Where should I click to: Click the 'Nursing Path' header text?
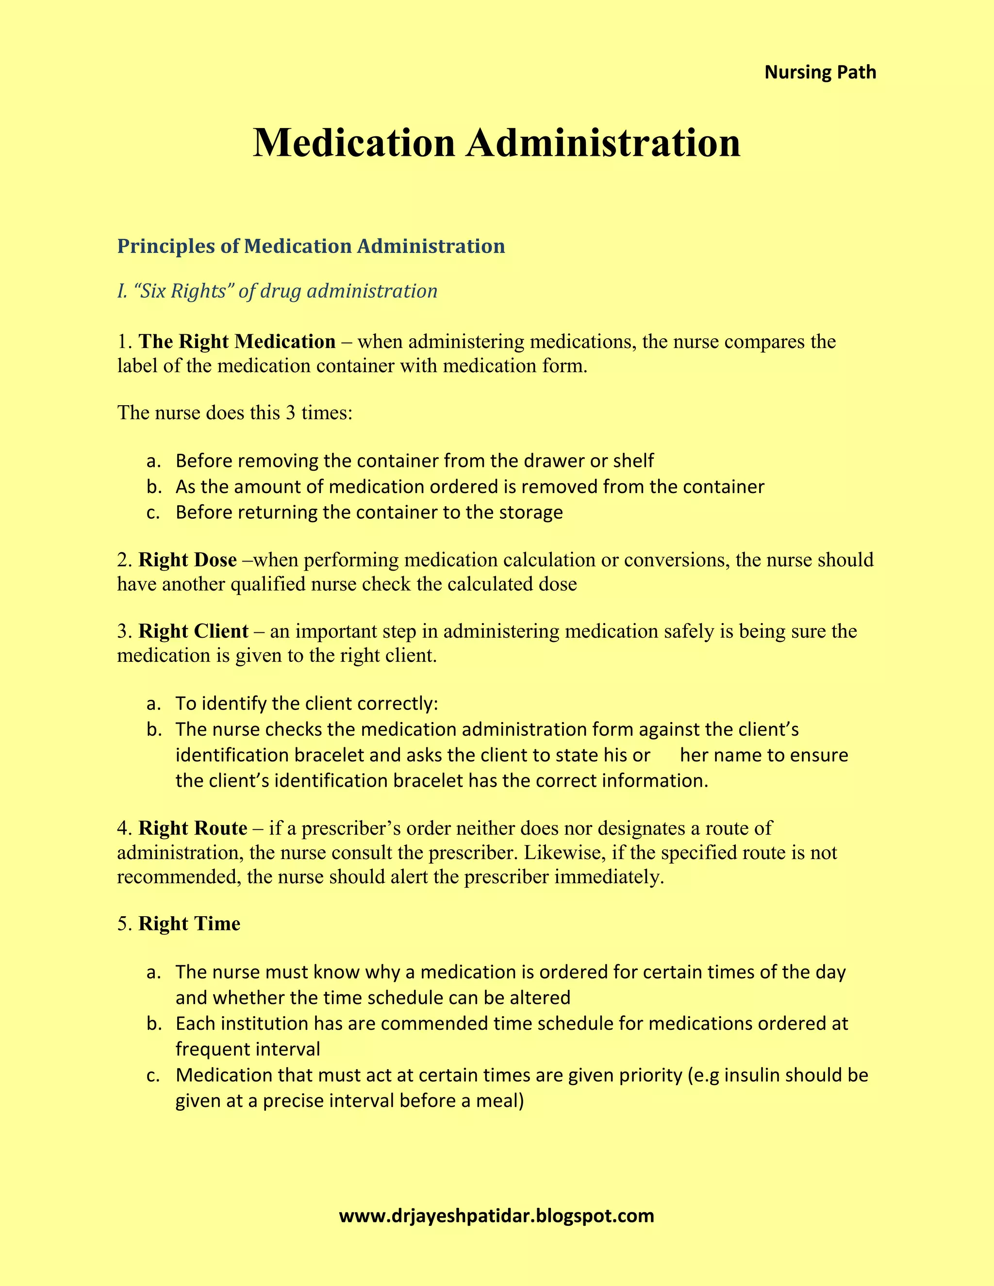[820, 72]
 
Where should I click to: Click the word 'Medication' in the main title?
[354, 143]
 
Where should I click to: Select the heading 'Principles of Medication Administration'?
[311, 246]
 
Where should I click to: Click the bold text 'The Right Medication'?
[237, 342]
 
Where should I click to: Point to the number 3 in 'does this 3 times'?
[290, 412]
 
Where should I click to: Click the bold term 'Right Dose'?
[187, 560]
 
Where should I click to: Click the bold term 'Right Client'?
[193, 631]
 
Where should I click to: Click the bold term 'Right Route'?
[193, 828]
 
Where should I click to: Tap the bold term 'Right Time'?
[189, 924]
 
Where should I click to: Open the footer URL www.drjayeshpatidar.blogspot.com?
[497, 1216]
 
